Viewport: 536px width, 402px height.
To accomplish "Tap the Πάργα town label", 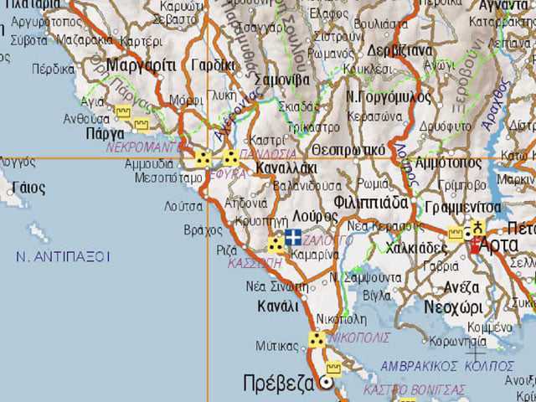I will coord(105,133).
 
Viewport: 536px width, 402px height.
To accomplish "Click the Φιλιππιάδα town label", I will coord(370,203).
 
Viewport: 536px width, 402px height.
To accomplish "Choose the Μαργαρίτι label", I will coord(141,64).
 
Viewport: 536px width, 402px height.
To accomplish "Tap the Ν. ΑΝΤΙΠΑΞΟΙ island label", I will coord(63,256).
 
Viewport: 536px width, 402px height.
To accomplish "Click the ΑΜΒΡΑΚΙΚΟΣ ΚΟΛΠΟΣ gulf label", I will coord(447,366).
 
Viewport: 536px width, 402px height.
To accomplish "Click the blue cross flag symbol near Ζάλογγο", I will coord(293,237).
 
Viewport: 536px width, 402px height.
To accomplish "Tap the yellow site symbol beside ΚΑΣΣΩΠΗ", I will coord(276,245).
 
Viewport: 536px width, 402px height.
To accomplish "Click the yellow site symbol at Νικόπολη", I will coord(317,339).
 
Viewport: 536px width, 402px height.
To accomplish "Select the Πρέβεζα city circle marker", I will coord(326,384).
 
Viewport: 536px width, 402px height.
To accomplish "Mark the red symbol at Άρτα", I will coord(477,245).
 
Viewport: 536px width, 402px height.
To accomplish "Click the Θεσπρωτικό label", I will coord(348,149).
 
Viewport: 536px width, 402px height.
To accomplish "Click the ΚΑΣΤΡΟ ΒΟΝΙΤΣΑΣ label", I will coord(414,389).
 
